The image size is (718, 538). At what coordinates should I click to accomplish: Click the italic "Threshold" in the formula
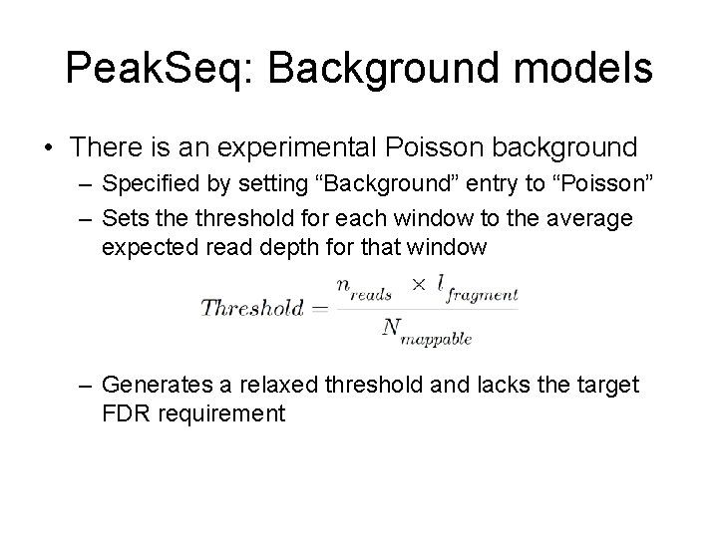coord(252,309)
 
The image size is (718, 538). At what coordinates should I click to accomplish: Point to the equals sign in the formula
coord(319,309)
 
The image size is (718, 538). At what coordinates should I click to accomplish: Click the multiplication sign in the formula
coord(418,287)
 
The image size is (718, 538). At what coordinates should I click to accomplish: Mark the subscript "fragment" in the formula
coord(483,296)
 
